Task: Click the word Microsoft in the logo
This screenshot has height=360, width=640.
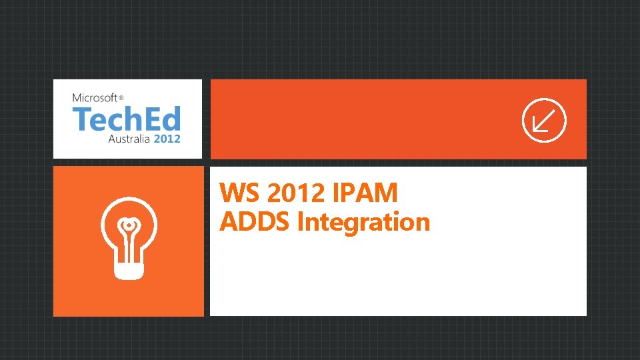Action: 95,98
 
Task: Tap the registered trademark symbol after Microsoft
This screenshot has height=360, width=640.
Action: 121,98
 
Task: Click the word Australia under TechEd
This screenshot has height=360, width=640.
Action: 129,139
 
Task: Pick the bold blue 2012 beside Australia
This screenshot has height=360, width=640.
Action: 167,139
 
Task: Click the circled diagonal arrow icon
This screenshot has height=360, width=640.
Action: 543,121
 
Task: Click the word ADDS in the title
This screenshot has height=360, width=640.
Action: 255,222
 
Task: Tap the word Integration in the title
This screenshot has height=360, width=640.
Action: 364,222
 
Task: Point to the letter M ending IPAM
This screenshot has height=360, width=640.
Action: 386,194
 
